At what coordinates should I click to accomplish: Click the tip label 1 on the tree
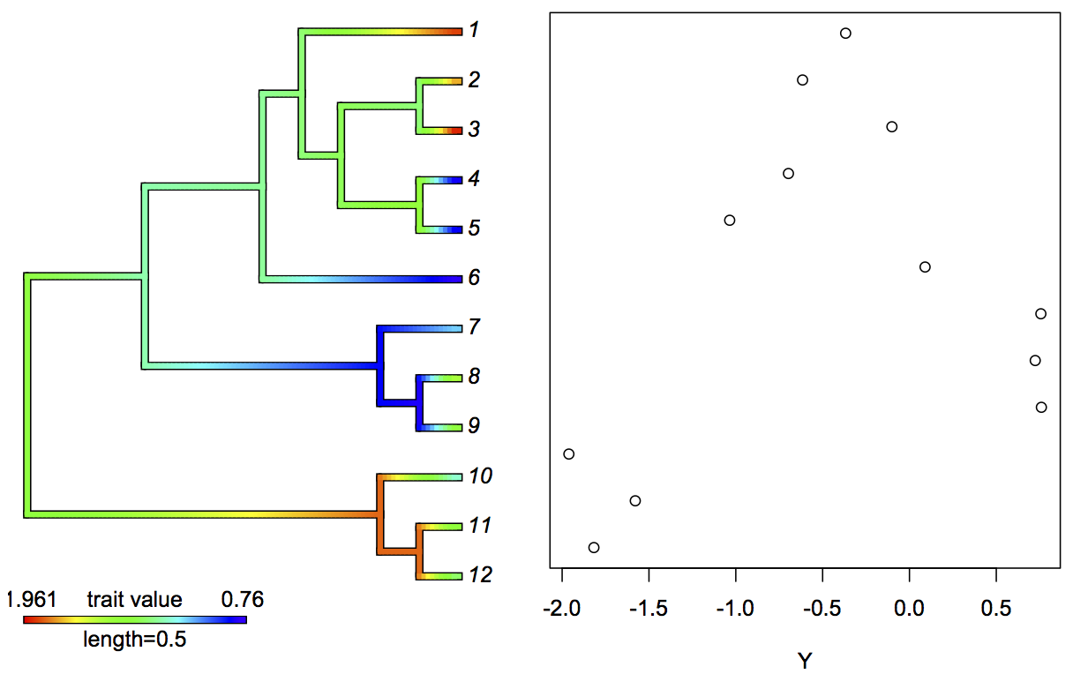(x=474, y=31)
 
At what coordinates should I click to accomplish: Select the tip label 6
(x=474, y=278)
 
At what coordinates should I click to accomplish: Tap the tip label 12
(x=481, y=575)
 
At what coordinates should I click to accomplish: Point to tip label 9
(x=474, y=426)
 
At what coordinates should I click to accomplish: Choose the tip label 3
(x=474, y=130)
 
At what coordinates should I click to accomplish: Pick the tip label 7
(x=474, y=327)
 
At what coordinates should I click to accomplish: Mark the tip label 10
(x=481, y=476)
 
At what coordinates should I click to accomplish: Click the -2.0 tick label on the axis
(x=562, y=610)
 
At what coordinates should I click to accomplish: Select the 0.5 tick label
(x=995, y=610)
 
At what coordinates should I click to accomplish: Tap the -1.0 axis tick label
(x=735, y=610)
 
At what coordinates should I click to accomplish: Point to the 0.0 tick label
(x=909, y=610)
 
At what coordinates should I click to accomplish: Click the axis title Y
(x=804, y=659)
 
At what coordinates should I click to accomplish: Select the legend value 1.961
(x=31, y=600)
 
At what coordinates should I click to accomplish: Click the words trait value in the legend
(x=134, y=600)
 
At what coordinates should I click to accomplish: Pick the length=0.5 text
(x=134, y=640)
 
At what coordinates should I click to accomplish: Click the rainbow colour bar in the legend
(x=134, y=619)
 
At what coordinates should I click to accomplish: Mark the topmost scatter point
(x=845, y=34)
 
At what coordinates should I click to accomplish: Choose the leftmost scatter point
(x=568, y=453)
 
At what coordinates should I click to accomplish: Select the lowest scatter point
(x=594, y=547)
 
